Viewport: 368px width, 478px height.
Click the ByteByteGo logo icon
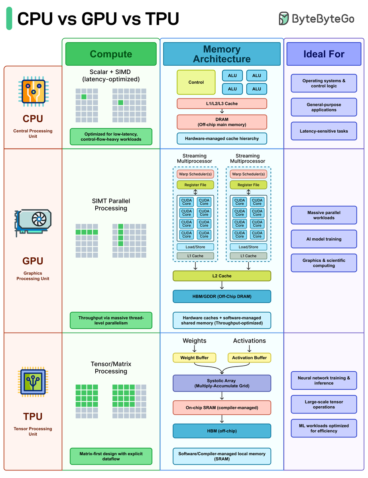pos(284,19)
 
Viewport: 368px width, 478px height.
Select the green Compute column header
pos(111,54)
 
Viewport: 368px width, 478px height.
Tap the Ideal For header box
pos(324,54)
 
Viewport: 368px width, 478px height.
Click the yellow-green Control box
pos(196,82)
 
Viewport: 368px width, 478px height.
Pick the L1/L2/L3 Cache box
pos(222,104)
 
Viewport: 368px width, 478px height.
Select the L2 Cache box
pos(222,276)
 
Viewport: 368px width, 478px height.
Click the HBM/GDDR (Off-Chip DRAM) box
pos(222,296)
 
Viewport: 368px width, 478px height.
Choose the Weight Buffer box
pos(194,358)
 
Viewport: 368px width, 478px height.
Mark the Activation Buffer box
pos(249,358)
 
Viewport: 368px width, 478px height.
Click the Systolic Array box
pos(222,383)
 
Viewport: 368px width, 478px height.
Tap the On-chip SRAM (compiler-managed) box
pos(222,407)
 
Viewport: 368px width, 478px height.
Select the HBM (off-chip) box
pos(222,431)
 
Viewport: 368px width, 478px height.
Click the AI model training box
pos(324,239)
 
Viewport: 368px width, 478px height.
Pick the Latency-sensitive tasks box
pos(324,131)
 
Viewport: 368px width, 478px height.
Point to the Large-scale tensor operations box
pos(324,404)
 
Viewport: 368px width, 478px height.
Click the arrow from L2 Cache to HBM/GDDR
pos(222,286)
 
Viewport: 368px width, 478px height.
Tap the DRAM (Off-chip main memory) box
pos(222,122)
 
